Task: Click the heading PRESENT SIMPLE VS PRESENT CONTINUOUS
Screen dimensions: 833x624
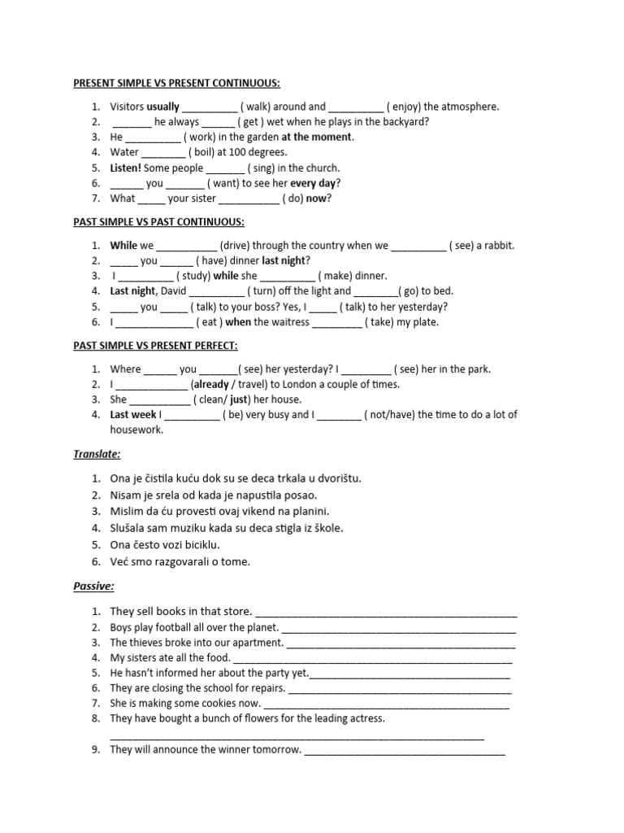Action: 176,84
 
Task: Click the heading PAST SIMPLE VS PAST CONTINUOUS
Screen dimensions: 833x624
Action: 158,222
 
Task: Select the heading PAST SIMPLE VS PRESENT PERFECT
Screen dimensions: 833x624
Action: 155,346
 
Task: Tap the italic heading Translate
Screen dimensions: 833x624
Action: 97,454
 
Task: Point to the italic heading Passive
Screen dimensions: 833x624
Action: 93,585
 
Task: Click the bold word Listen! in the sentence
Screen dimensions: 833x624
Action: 126,168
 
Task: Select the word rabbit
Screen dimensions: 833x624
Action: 498,246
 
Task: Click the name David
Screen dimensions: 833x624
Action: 174,291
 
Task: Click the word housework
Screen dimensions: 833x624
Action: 136,430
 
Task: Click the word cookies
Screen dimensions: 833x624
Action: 214,704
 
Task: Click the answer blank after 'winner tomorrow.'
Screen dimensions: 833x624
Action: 404,751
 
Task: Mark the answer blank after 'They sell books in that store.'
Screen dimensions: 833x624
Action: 386,613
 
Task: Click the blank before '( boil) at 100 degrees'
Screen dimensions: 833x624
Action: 163,153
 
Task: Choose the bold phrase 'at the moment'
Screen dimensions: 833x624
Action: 317,137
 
